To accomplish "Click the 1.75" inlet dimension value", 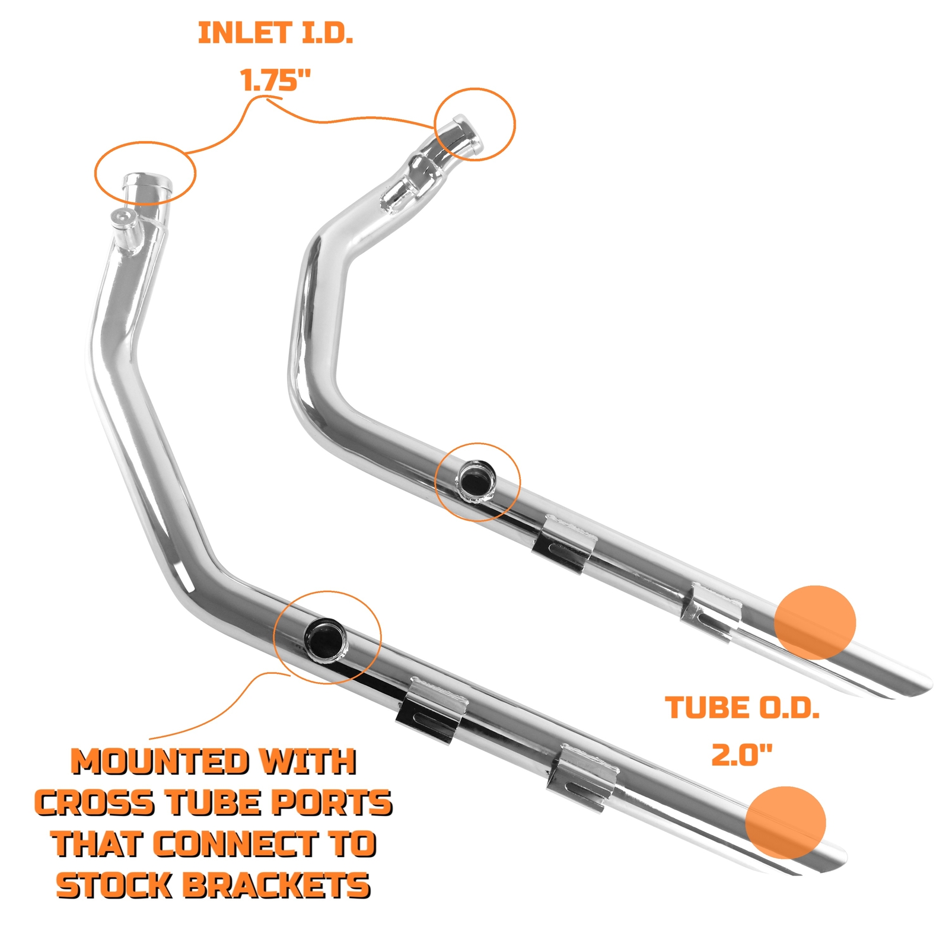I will point(276,79).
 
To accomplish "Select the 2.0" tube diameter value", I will point(741,755).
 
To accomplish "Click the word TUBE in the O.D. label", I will point(699,708).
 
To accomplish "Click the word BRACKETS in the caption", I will point(276,886).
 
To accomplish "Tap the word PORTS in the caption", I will point(332,804).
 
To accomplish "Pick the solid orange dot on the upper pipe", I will point(815,622).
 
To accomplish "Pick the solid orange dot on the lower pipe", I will point(785,823).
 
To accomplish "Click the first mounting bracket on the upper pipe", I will point(564,543).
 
